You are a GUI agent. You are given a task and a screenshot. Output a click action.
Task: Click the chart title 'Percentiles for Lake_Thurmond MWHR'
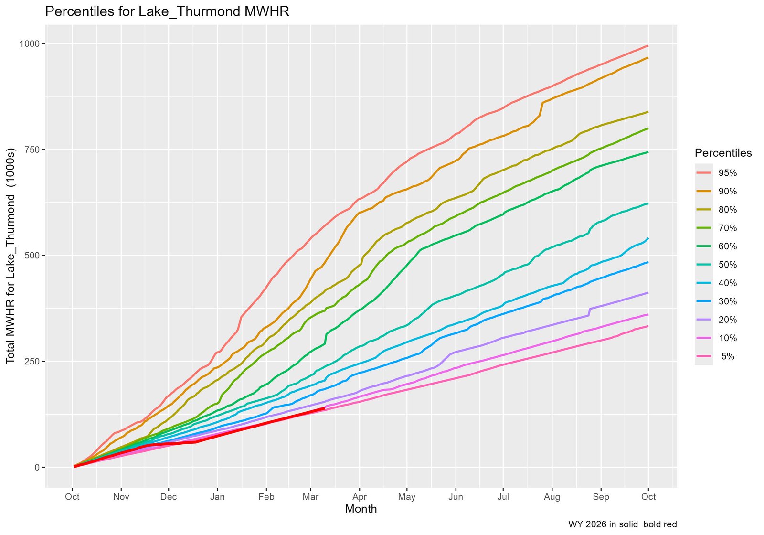[167, 12]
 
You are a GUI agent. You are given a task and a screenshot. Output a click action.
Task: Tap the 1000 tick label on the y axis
[30, 44]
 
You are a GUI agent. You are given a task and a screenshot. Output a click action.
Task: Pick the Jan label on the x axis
[217, 497]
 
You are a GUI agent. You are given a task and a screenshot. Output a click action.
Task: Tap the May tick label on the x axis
[407, 497]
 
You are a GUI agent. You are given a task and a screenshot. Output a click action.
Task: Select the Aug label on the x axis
[552, 497]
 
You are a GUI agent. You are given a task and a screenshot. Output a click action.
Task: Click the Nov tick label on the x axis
[121, 497]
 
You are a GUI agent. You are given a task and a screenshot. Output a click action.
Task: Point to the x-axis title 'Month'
[361, 509]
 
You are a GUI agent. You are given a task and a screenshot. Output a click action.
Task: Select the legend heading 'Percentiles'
[723, 153]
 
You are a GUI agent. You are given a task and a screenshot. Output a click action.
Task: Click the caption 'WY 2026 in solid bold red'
[622, 524]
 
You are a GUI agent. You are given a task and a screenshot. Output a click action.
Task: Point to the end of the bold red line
[325, 408]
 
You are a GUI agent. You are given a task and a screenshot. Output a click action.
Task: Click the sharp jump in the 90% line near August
[542, 109]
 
